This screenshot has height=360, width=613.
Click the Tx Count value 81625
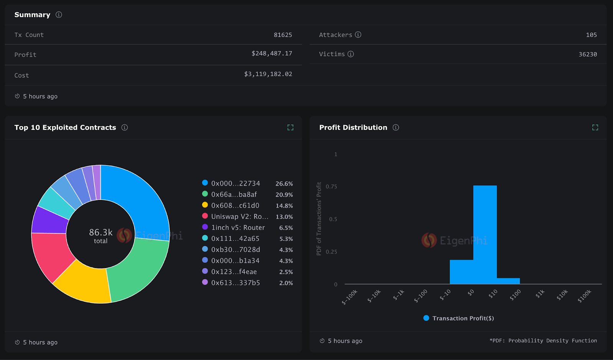point(283,35)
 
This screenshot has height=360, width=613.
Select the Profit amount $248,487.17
point(272,54)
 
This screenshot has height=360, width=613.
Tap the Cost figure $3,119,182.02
point(268,74)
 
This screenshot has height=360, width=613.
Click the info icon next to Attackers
point(358,35)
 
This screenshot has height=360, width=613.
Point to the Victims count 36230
point(587,54)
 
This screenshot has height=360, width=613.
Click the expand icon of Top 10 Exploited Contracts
point(290,128)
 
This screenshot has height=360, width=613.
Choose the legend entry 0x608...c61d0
point(235,206)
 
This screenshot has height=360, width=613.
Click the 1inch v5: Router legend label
point(238,228)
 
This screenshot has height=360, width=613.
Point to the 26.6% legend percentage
point(284,184)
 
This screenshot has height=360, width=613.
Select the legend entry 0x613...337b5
point(235,283)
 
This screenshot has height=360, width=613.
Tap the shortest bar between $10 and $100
point(508,281)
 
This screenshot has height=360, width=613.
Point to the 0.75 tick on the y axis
point(331,187)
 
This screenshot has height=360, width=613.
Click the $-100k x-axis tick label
point(349,297)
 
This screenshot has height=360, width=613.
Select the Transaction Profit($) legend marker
point(426,318)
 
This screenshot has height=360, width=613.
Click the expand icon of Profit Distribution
point(595,128)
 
